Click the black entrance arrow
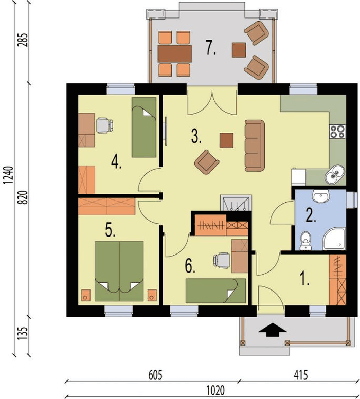pyautogui.click(x=273, y=330)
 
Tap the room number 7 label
pyautogui.click(x=211, y=48)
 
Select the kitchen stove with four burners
pyautogui.click(x=337, y=132)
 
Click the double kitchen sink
pyautogui.click(x=335, y=174)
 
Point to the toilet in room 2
pyautogui.click(x=305, y=241)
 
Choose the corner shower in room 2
pyautogui.click(x=334, y=239)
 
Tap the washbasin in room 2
pyautogui.click(x=321, y=196)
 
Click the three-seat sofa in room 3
pyautogui.click(x=255, y=146)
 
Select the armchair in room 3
pyautogui.click(x=207, y=162)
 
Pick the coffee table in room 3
pyautogui.click(x=227, y=140)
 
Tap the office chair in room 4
pyautogui.click(x=104, y=125)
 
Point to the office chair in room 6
pyautogui.click(x=222, y=261)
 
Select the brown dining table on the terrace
pyautogui.click(x=175, y=53)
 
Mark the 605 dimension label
pyautogui.click(x=155, y=375)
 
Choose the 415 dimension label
pyautogui.click(x=301, y=375)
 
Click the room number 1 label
pyautogui.click(x=304, y=278)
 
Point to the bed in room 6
pyautogui.click(x=216, y=291)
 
